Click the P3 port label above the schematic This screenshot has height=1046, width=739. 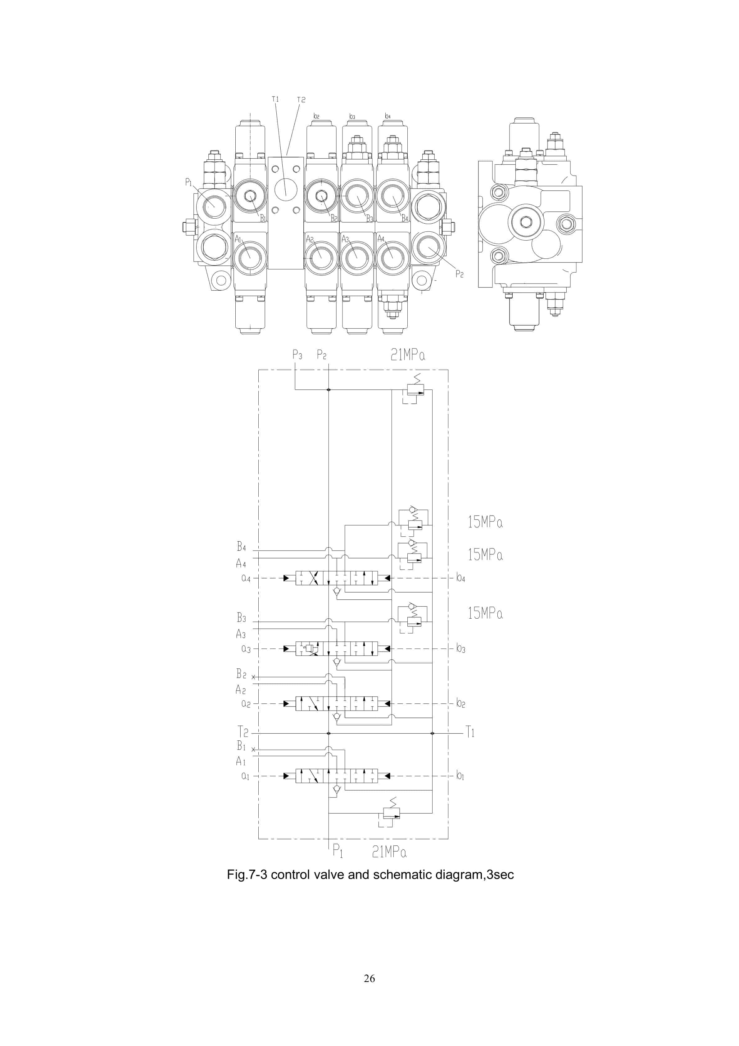click(297, 354)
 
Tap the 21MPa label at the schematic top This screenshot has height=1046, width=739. click(408, 354)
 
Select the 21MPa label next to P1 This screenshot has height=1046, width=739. click(389, 852)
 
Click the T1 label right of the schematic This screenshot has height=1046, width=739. click(470, 733)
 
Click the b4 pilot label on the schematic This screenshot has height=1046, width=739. click(460, 578)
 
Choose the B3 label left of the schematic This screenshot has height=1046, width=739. click(241, 618)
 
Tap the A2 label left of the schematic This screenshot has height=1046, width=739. click(241, 689)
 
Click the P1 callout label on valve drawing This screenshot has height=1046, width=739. click(188, 182)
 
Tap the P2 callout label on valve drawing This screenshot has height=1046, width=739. click(459, 274)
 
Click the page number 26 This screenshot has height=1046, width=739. click(369, 978)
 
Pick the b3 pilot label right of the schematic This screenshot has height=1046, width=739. click(460, 648)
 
